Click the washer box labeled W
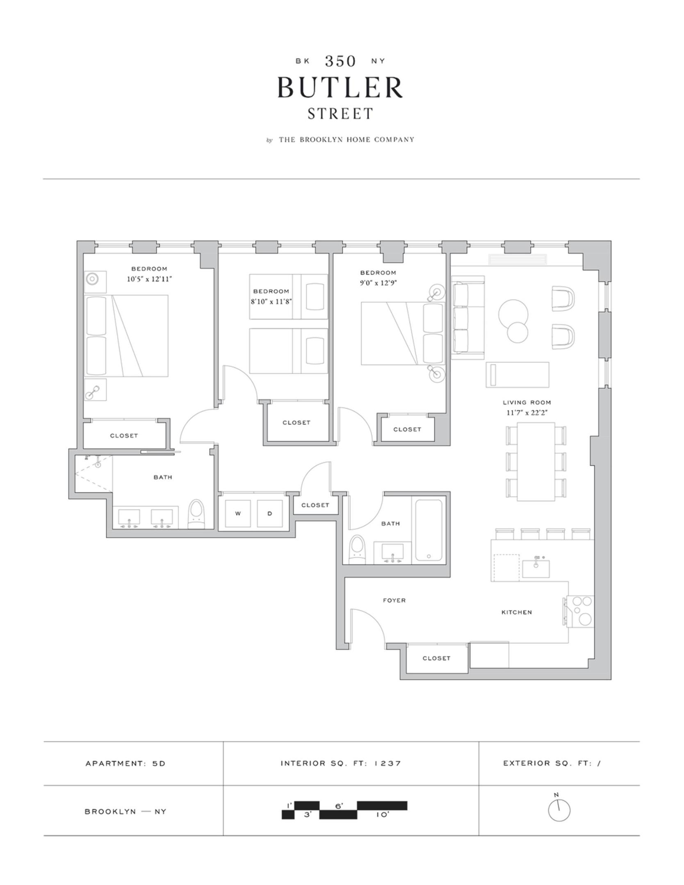pyautogui.click(x=238, y=513)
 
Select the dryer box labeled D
pyautogui.click(x=269, y=513)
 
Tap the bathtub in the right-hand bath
pyautogui.click(x=429, y=530)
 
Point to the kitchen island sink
pyautogui.click(x=536, y=569)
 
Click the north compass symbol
pyautogui.click(x=559, y=810)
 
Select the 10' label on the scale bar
pyautogui.click(x=382, y=815)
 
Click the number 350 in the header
pyautogui.click(x=340, y=61)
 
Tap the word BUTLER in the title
pyautogui.click(x=340, y=87)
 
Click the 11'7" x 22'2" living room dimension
pyautogui.click(x=527, y=413)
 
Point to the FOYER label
pyautogui.click(x=394, y=600)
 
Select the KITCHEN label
pyautogui.click(x=516, y=612)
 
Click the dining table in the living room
pyautogui.click(x=536, y=461)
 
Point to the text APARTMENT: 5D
pyautogui.click(x=125, y=763)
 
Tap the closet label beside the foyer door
pyautogui.click(x=436, y=658)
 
